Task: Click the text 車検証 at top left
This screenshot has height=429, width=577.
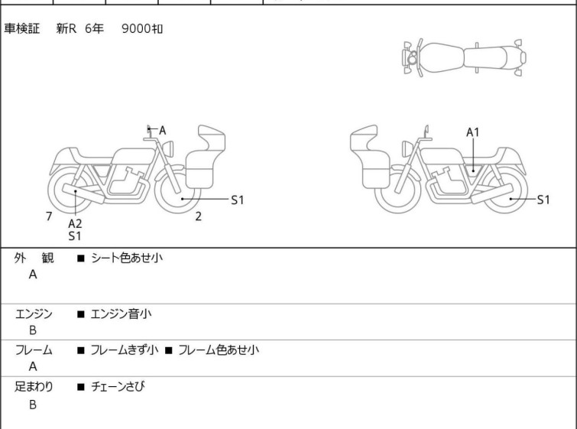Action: point(21,29)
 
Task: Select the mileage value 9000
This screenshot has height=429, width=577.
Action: point(136,29)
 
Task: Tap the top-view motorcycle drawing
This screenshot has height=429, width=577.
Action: point(465,58)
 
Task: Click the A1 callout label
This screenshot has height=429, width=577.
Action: point(473,132)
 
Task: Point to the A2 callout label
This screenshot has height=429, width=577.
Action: point(75,223)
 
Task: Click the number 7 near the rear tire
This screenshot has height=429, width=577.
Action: point(49,216)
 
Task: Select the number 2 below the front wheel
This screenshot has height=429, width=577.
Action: point(199,216)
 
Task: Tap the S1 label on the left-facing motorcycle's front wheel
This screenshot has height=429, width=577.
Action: point(238,200)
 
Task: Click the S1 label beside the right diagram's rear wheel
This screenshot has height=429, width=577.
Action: point(543,200)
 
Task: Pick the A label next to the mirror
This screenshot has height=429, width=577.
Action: point(162,130)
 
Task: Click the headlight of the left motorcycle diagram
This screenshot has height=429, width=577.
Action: point(168,148)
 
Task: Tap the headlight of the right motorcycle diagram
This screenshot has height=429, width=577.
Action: point(407,148)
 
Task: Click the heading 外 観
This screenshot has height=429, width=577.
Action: point(34,258)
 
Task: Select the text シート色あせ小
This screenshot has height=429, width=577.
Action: point(127,258)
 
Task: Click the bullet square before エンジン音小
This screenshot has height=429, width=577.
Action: point(80,314)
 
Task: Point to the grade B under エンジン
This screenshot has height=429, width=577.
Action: point(33,330)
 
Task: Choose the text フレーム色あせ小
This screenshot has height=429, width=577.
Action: point(219,349)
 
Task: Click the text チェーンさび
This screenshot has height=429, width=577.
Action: point(118,386)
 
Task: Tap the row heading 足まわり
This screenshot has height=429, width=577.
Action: point(34,387)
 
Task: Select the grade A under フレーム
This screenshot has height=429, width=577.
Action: point(33,367)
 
